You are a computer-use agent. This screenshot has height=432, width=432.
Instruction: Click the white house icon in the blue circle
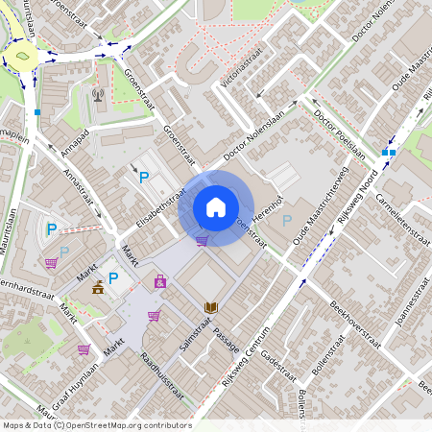coord(216,207)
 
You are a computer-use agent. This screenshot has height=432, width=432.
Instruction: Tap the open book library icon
coord(211,307)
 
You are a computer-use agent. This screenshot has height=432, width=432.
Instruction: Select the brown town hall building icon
coord(98,286)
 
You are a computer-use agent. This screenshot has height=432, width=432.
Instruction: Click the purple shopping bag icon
coord(160,281)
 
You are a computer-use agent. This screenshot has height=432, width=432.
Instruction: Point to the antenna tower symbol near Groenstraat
coord(97,94)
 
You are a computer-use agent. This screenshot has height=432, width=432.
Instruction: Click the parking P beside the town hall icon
coord(113,279)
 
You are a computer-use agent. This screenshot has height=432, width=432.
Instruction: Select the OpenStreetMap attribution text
coord(96,425)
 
